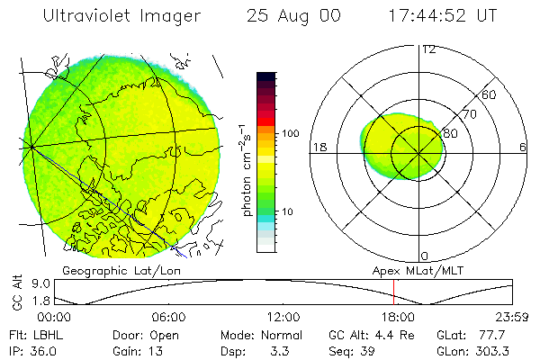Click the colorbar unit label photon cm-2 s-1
coord(246,170)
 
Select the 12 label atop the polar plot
coord(428,49)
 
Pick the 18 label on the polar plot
coord(318,147)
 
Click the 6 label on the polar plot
coord(523,147)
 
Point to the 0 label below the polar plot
coord(424,256)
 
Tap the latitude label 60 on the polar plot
coord(490,94)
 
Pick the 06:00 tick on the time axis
coord(168,317)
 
